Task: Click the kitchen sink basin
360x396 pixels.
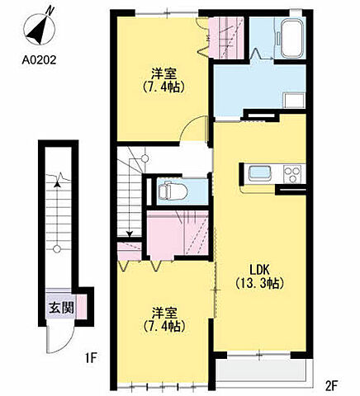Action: pos(257,173)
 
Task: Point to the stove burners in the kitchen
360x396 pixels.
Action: pos(293,173)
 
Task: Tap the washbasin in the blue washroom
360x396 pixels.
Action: pos(292,99)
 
